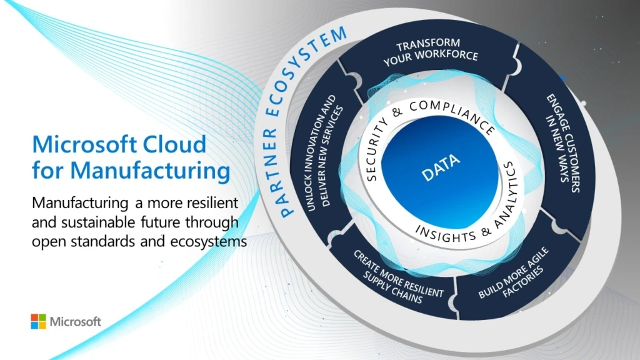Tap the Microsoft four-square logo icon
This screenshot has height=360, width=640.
(38, 321)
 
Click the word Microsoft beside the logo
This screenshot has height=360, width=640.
(75, 322)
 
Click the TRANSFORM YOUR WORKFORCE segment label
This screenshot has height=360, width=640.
(429, 51)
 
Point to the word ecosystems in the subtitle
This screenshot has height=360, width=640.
(209, 242)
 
